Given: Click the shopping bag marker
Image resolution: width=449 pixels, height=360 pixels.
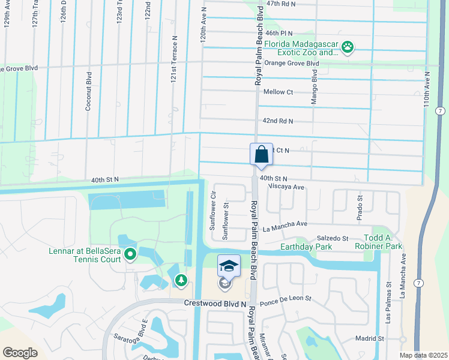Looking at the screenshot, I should (262, 154).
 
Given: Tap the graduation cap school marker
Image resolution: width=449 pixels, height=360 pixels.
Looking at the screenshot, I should (228, 265).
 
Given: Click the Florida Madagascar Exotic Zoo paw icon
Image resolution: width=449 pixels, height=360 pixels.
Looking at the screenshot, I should (348, 46).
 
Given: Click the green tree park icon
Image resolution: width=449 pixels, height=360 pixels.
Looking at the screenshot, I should (181, 280).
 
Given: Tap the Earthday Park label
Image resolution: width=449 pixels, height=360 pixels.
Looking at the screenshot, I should (306, 247).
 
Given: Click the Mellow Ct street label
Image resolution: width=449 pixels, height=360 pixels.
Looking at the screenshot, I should (278, 92).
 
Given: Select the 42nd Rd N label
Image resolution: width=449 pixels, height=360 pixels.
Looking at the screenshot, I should (278, 121).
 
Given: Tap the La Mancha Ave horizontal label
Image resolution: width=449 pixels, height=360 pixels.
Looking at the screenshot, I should (285, 226).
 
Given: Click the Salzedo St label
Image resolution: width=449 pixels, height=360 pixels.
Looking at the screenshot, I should (333, 238).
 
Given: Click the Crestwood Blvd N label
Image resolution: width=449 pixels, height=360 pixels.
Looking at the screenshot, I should (215, 304).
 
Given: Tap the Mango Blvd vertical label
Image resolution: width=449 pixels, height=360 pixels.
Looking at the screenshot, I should (314, 88).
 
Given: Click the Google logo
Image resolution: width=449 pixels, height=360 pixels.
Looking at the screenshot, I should (20, 352).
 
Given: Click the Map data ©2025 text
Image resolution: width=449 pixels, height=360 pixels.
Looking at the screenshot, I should (423, 355).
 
